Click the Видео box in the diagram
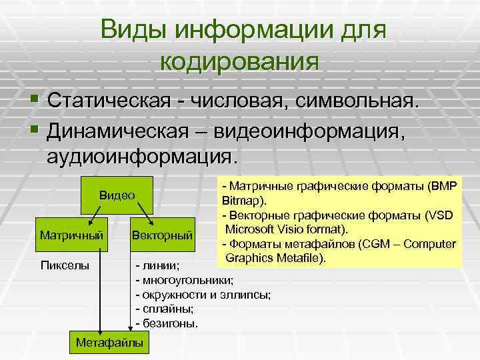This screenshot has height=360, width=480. pos(117,195)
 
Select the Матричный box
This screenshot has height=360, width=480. pos(71,235)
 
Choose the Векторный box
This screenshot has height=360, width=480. pos(163,235)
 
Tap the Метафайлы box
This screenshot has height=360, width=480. pos(110,342)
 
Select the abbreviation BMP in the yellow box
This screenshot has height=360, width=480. pos(444,187)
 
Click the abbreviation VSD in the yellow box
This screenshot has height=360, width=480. pos(443,215)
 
